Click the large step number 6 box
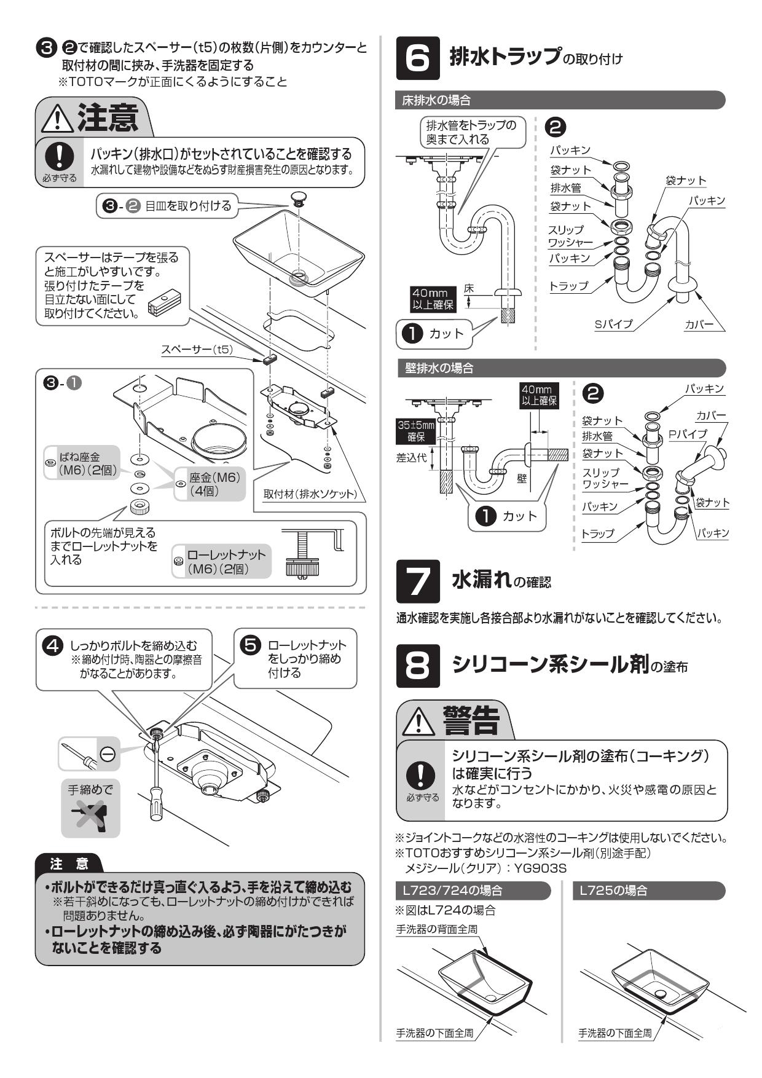417,58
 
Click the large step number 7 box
417,581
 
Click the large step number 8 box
417,665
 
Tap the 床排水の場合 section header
437,100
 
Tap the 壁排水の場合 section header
437,368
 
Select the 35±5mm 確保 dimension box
415,431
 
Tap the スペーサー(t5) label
197,350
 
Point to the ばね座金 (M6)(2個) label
80,463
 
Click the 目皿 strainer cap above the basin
298,197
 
